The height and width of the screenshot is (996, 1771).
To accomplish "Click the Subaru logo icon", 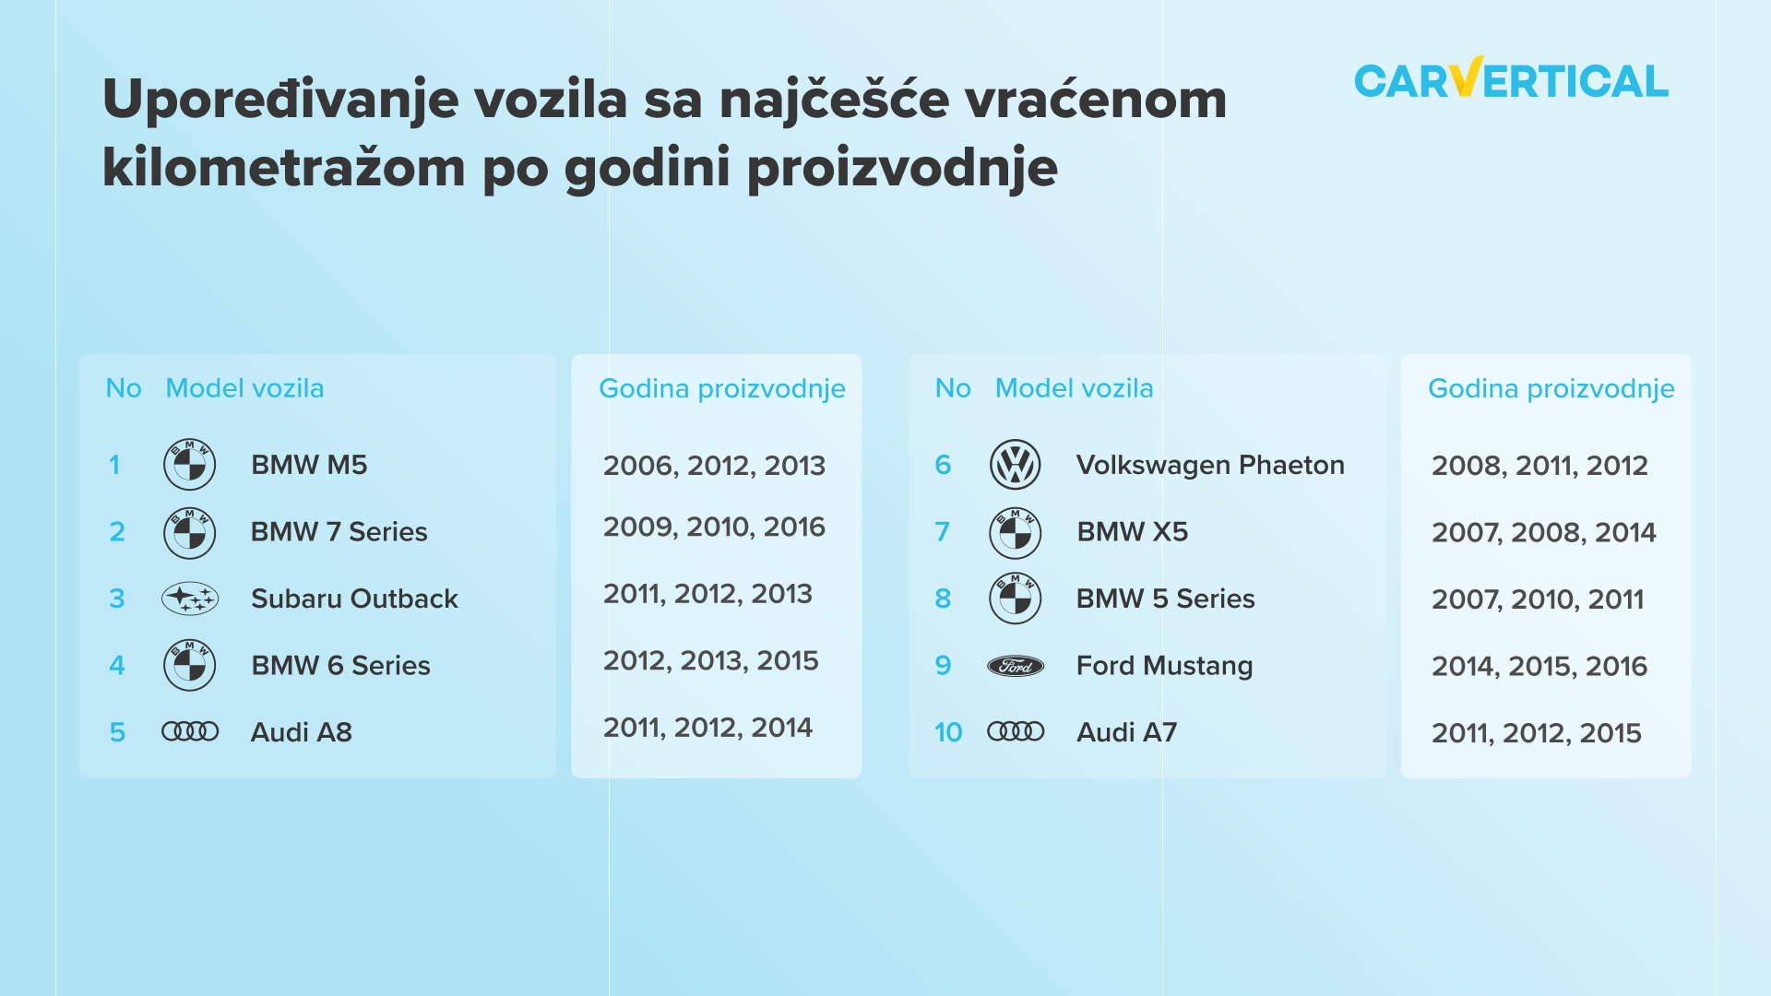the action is (190, 599).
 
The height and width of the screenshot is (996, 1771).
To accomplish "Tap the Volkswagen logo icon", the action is (1015, 465).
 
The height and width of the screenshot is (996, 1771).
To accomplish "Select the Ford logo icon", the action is (1016, 666).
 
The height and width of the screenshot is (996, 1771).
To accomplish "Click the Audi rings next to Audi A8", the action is (190, 732).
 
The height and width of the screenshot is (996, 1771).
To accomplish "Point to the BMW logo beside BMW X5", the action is (1015, 532).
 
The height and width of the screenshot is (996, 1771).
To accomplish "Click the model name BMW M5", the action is (309, 465).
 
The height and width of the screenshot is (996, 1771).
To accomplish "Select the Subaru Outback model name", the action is (354, 599).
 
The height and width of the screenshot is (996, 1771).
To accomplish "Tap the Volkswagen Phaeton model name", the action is (1210, 465).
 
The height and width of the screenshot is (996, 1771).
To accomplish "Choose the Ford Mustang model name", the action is (1164, 666).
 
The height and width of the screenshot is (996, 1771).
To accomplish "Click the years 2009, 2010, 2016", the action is (714, 528).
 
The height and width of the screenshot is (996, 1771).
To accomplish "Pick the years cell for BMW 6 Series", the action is (711, 661).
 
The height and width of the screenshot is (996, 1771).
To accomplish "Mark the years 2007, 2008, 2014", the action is (1543, 533).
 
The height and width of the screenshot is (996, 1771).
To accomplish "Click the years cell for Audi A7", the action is (1537, 734).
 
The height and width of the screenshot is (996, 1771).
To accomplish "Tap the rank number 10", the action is (948, 732).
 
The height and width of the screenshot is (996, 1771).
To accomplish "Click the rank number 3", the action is (117, 599).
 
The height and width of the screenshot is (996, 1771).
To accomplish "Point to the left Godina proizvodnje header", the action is (722, 389).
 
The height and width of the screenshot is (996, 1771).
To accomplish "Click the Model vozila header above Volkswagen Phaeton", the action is (1074, 388).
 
